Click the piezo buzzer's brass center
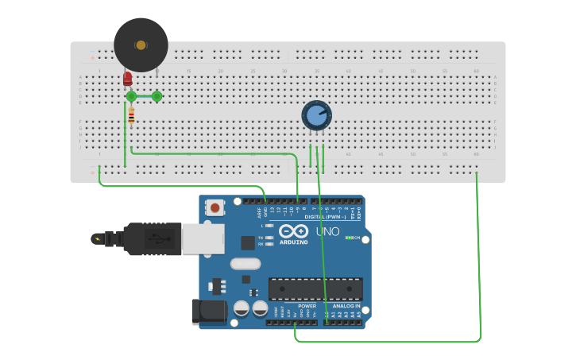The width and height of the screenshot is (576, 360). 141,45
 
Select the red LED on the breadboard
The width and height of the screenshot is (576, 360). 127,79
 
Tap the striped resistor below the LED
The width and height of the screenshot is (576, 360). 131,116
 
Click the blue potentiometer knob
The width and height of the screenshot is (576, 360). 316,115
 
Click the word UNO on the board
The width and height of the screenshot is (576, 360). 328,231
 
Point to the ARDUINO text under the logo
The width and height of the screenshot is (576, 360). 294,242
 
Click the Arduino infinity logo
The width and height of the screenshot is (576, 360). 293,231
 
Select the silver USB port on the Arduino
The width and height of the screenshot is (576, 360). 203,238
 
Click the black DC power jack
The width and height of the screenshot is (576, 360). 208,311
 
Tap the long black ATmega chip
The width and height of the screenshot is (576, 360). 315,289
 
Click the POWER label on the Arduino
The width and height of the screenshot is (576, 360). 307,306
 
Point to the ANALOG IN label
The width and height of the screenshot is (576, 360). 346,306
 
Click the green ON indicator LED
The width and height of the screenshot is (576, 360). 349,238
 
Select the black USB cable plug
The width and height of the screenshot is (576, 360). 151,238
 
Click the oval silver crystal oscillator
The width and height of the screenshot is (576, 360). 245,264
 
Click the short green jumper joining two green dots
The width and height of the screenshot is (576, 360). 144,96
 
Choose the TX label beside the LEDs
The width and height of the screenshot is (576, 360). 261,237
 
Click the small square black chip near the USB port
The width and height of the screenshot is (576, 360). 248,242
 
